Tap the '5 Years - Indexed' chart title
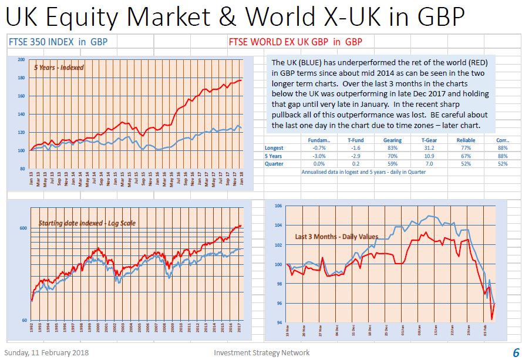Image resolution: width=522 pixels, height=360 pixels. click(x=59, y=68)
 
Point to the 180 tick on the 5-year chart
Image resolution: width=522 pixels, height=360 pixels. click(x=21, y=78)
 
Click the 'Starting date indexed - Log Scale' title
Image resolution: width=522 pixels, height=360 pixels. click(x=89, y=223)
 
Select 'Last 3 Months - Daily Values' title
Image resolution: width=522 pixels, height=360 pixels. click(x=336, y=237)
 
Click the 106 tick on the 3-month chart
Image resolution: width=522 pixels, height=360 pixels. click(x=279, y=206)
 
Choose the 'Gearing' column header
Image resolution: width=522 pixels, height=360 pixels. click(x=392, y=140)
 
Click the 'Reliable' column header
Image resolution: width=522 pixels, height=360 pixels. click(x=466, y=140)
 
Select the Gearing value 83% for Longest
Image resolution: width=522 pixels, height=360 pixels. click(x=393, y=149)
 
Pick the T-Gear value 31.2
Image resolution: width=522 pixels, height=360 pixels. click(x=428, y=149)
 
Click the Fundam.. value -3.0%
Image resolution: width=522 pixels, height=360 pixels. click(x=319, y=156)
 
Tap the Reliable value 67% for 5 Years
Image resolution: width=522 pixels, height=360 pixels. click(x=466, y=156)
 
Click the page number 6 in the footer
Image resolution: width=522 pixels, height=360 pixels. click(x=515, y=352)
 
